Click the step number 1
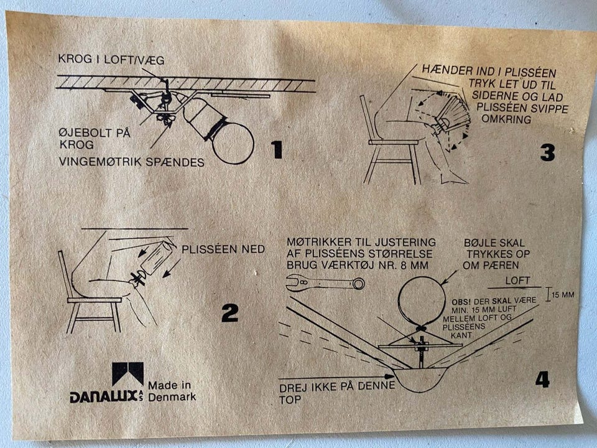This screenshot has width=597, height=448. tap(277, 149)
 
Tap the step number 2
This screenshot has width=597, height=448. tap(229, 312)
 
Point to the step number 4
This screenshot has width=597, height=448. tap(542, 378)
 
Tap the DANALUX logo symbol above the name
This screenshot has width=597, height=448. tap(127, 373)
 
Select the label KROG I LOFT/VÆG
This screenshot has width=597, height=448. tap(111, 60)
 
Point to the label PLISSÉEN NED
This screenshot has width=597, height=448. tap(223, 249)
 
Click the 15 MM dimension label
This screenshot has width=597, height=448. tap(562, 294)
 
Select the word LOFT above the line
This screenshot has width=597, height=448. tap(517, 281)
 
